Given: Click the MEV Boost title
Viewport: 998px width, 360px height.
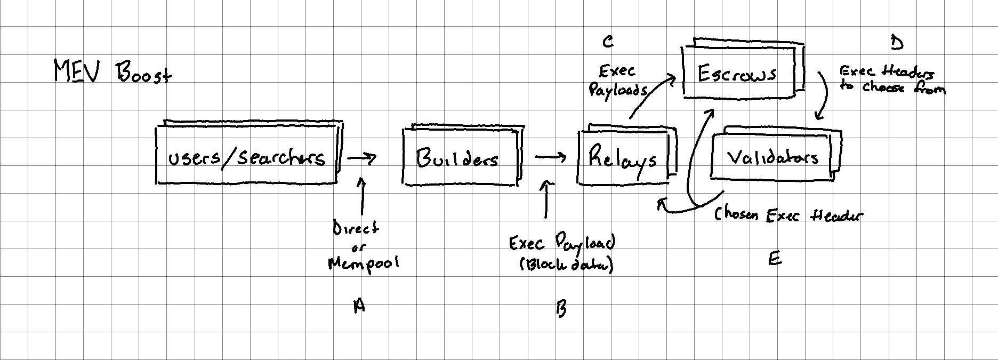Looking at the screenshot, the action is [112, 72].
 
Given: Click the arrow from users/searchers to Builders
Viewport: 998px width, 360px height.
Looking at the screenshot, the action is [362, 158].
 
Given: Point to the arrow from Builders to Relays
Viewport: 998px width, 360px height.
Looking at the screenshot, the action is [550, 157].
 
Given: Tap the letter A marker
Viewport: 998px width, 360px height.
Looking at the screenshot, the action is [360, 306].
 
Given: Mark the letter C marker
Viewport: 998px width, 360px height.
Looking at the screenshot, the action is [608, 42].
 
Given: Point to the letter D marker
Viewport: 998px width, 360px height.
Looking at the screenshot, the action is [897, 42].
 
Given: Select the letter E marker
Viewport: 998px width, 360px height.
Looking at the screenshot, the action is [775, 260].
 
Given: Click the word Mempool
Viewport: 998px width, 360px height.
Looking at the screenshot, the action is [363, 263].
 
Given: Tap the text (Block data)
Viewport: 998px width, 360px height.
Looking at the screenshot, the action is [566, 265].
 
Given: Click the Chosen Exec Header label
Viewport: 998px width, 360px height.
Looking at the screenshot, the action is [788, 215].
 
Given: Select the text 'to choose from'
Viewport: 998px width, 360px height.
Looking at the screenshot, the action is [893, 88].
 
